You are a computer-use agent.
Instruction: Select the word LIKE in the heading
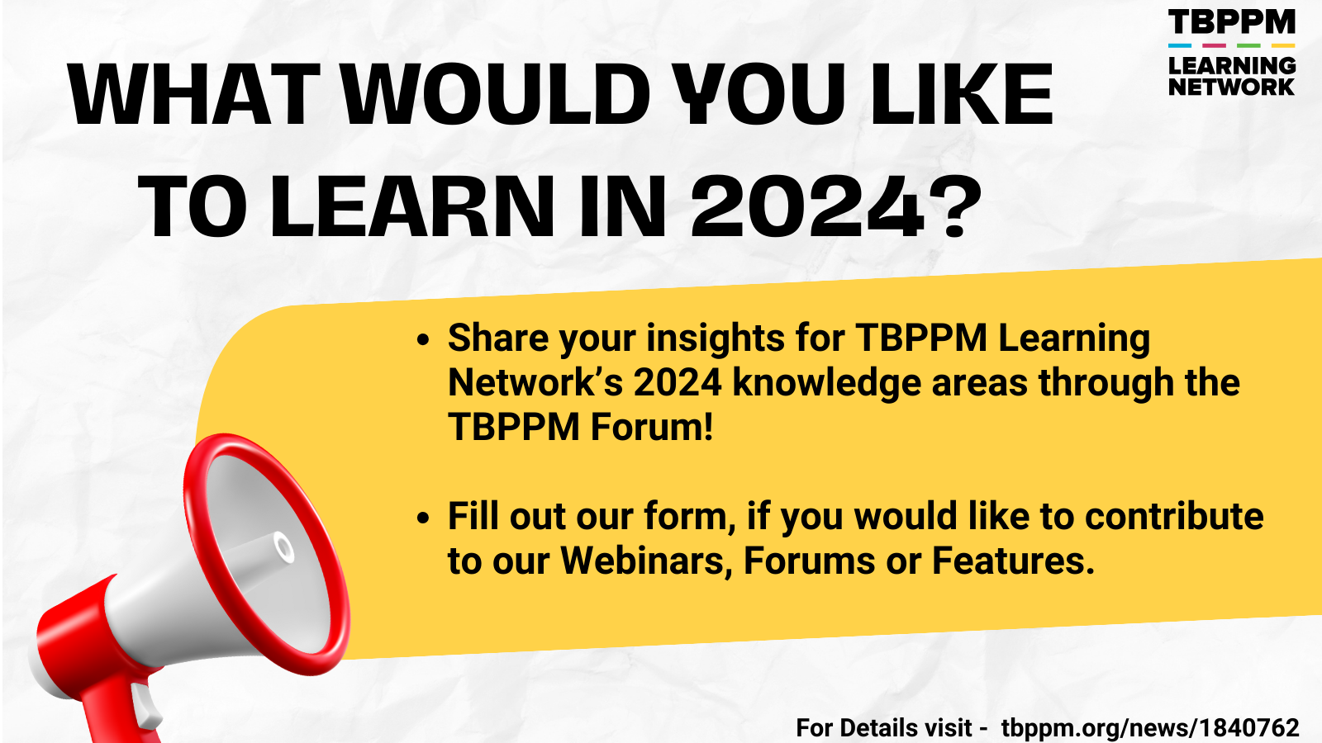click(962, 94)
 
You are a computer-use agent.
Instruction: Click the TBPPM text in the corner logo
click(1231, 22)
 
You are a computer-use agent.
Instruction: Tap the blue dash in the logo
click(1180, 45)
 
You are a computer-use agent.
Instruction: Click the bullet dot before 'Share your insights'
click(422, 340)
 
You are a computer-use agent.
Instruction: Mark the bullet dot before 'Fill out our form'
click(422, 518)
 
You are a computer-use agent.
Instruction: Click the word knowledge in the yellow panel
click(826, 384)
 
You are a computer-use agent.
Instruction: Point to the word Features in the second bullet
click(1013, 561)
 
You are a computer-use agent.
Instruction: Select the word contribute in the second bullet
click(1174, 516)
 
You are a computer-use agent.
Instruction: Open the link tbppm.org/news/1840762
click(1150, 728)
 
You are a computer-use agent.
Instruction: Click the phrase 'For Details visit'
click(884, 727)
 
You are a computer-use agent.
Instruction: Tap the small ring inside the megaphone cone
click(284, 548)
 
